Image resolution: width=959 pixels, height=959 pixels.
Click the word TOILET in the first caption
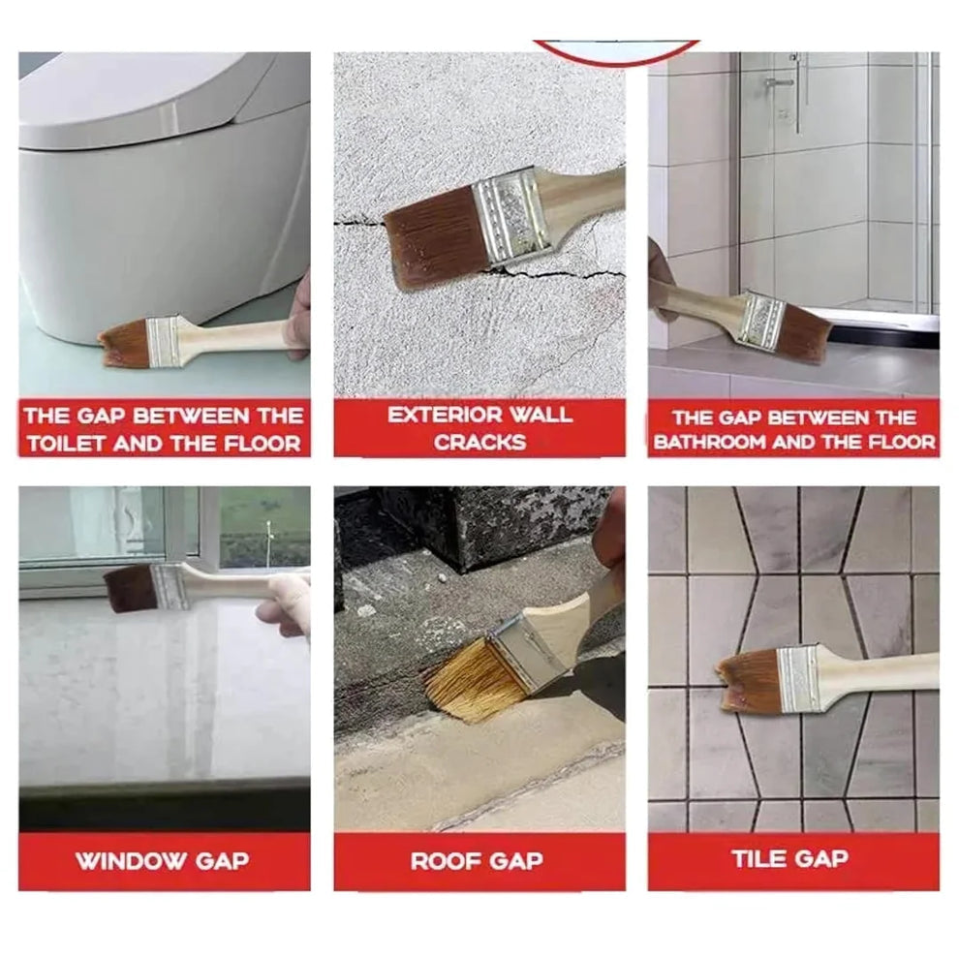[x=67, y=445]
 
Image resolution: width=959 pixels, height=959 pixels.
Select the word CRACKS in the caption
[x=479, y=443]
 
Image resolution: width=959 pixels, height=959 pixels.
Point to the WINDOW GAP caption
[x=162, y=860]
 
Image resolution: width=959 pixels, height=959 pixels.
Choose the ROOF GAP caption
[x=477, y=860]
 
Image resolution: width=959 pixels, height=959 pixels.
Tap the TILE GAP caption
[x=789, y=857]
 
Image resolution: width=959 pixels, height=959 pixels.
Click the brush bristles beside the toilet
[x=123, y=345]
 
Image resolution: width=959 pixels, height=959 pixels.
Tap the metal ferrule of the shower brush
[x=760, y=320]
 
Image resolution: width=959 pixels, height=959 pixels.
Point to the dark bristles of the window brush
[x=129, y=588]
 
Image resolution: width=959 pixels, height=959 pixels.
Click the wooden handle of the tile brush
[x=882, y=669]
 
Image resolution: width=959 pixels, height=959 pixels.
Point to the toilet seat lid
[x=145, y=97]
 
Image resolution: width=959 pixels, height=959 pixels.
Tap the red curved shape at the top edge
[x=615, y=50]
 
